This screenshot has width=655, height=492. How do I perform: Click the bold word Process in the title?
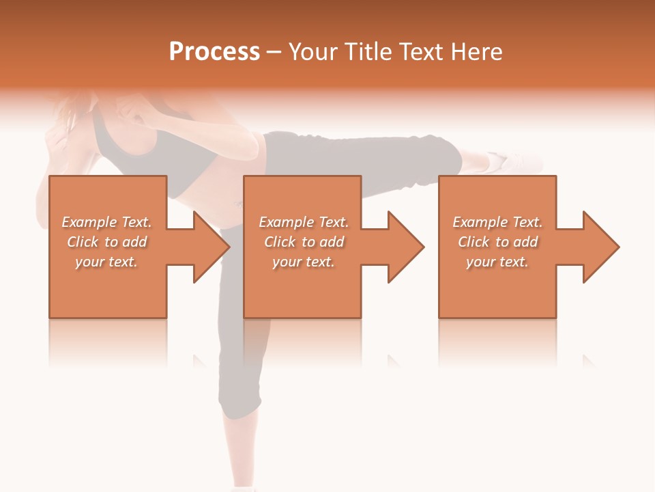click(214, 52)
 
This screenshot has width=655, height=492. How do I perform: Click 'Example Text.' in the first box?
click(107, 222)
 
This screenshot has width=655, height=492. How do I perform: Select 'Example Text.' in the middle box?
click(304, 222)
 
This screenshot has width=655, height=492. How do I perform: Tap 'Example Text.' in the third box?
click(497, 222)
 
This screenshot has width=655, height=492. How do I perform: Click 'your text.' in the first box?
click(106, 262)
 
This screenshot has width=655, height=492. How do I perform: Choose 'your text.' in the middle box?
click(303, 262)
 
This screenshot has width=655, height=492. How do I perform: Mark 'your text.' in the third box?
click(497, 262)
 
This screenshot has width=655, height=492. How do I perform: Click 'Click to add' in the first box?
click(107, 242)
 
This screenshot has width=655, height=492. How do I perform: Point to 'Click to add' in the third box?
click(498, 242)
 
